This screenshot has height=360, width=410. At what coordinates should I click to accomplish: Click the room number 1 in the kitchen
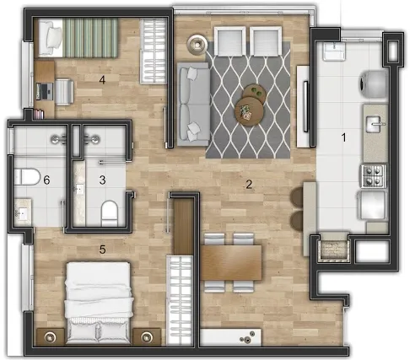pos(343,137)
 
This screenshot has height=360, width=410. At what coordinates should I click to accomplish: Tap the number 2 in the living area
pos(249,185)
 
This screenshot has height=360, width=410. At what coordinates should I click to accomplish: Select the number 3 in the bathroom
pos(102,180)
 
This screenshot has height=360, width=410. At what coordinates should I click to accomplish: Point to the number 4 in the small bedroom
pos(102,80)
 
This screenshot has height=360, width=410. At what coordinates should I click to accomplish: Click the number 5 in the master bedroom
pos(102,249)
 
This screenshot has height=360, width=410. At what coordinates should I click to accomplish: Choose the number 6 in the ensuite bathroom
pos(46,180)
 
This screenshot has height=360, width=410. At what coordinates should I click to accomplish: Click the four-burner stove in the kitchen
pos(374,176)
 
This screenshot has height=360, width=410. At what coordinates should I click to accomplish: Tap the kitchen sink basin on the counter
pos(375,124)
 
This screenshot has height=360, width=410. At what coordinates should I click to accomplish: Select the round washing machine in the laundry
pos(374,84)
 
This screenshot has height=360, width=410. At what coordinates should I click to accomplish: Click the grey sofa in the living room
pos(193,104)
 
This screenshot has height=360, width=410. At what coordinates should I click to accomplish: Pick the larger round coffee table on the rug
pos(249,111)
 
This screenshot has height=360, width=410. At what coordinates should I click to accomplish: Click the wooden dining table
pos(231,262)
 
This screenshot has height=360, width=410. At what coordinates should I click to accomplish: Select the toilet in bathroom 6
pos(27,177)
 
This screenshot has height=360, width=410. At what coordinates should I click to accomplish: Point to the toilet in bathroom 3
pos(109,213)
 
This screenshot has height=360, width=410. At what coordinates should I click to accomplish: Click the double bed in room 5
pos(98,303)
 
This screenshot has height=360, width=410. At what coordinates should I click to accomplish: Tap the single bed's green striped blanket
pos(90,38)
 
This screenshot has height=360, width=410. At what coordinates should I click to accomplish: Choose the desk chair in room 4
pos(65,92)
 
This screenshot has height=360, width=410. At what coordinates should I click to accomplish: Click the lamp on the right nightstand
pos(147,336)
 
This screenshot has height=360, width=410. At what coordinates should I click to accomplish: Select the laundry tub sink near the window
pos(334,51)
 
